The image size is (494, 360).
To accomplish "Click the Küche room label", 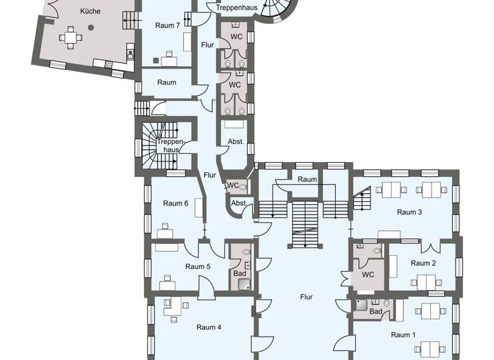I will [90, 12].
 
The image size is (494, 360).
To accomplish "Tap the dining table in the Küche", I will [71, 38].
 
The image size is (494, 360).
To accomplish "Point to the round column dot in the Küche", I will [91, 28].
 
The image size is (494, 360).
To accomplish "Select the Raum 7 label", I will [167, 26].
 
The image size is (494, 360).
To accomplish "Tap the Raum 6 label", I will [176, 203].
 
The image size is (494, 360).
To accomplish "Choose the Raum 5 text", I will [198, 266].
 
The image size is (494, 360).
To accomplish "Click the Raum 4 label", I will [209, 327].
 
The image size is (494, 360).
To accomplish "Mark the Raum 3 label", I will [409, 212].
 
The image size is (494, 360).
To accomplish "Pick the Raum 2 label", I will [423, 263].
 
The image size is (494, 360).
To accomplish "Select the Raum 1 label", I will [404, 334].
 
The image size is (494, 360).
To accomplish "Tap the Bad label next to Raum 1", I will [376, 312].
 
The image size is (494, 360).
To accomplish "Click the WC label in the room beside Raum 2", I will [368, 274].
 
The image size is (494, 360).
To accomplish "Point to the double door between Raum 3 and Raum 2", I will [430, 248].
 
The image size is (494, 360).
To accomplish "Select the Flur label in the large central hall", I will [306, 297].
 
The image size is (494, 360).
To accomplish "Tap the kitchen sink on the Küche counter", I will [109, 63].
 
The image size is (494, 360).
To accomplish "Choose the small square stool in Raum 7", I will [156, 60].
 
